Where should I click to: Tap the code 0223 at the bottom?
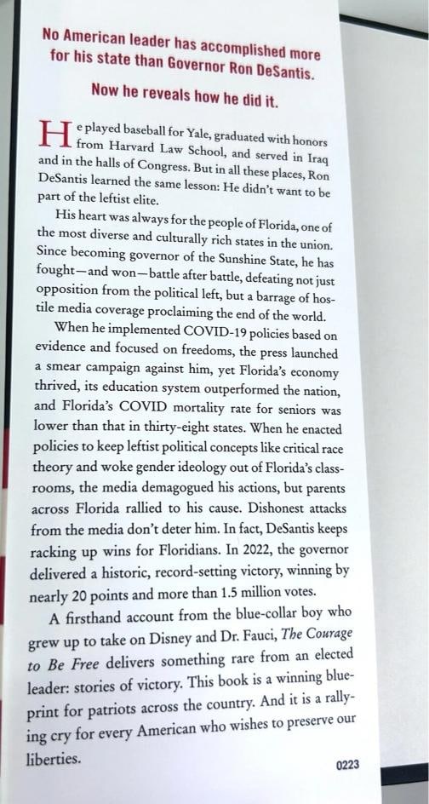346,765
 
